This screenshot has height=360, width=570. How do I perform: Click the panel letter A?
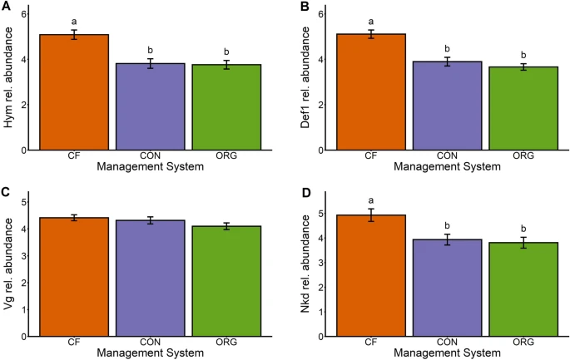(x=7, y=7)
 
